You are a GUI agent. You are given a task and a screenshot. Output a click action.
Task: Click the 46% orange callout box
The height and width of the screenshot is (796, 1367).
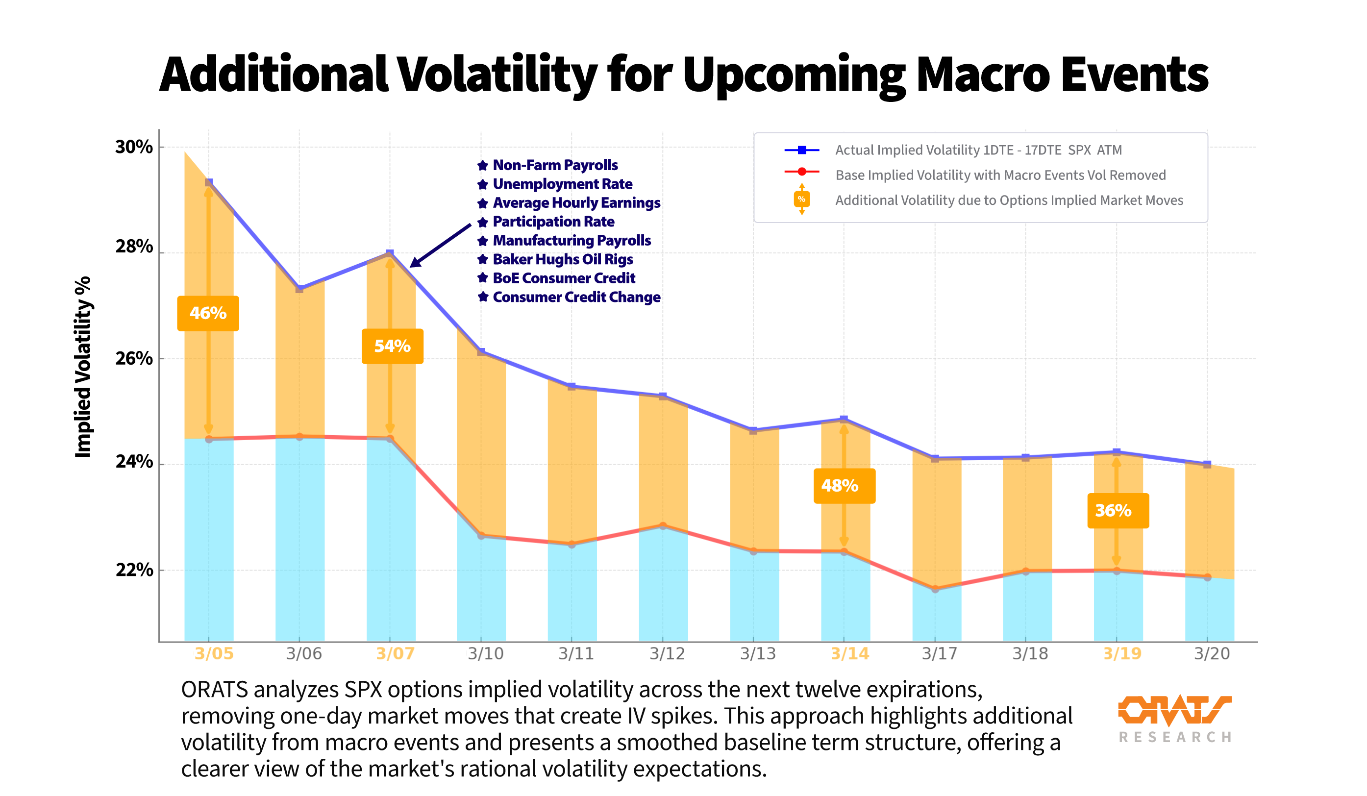click(x=208, y=313)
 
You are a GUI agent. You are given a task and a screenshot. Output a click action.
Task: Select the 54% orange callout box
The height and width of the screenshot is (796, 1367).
click(x=392, y=346)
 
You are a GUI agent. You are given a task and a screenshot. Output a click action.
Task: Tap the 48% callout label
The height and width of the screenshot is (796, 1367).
click(x=844, y=486)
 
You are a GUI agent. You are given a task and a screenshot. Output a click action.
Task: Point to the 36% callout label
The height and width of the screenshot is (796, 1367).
click(x=1118, y=511)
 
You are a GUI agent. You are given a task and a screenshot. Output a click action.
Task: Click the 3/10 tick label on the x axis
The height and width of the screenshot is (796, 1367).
click(x=486, y=653)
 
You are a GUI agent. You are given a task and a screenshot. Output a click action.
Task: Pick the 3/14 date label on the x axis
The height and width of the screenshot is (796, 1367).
click(x=849, y=653)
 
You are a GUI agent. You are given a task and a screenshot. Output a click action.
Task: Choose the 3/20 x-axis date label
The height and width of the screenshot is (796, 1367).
click(x=1211, y=653)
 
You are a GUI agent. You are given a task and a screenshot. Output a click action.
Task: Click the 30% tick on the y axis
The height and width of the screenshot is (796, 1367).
click(x=133, y=147)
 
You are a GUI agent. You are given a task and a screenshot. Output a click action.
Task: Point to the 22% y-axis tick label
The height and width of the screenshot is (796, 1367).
click(x=133, y=570)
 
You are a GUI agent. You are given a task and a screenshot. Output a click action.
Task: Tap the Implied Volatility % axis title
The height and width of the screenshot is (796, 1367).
click(x=83, y=367)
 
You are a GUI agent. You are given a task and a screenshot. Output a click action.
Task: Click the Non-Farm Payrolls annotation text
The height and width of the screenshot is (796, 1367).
click(x=554, y=165)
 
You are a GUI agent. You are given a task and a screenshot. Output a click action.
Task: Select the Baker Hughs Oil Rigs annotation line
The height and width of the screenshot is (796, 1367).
click(x=562, y=259)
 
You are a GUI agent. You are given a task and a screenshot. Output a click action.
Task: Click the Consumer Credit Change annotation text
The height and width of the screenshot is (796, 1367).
click(x=576, y=298)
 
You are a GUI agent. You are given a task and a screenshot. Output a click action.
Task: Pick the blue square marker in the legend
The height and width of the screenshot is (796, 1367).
click(x=802, y=150)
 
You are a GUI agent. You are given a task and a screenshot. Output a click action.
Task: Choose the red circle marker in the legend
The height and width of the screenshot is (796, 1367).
click(x=802, y=172)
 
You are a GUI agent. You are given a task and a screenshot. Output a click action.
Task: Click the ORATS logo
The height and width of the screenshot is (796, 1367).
click(x=1174, y=717)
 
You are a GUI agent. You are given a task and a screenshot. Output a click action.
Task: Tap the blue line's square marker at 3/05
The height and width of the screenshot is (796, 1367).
click(x=209, y=183)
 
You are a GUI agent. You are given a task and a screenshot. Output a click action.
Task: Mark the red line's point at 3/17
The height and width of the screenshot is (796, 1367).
click(x=935, y=589)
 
